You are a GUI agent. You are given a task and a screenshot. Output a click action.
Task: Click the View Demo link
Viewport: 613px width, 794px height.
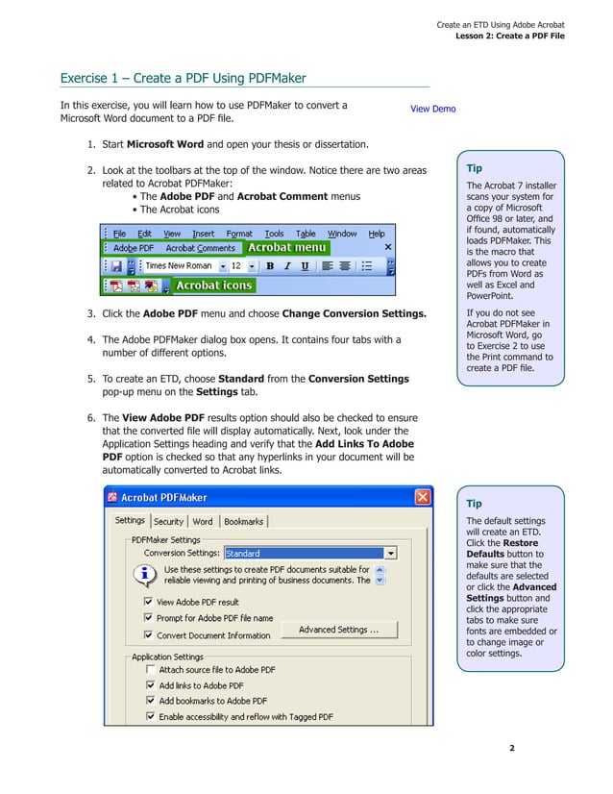[432, 109]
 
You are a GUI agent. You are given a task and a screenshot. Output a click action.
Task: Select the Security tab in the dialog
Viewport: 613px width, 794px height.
[168, 521]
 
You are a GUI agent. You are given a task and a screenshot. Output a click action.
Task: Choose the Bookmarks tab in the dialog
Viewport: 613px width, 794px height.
[243, 521]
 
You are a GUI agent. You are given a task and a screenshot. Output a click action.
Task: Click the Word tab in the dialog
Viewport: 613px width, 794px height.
[203, 521]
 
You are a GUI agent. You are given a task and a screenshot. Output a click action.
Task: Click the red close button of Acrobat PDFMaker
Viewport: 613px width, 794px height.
[422, 498]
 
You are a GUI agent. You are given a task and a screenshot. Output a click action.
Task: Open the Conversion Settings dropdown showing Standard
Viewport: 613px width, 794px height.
[391, 553]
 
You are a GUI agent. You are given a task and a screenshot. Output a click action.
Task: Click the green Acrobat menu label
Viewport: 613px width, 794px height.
[286, 247]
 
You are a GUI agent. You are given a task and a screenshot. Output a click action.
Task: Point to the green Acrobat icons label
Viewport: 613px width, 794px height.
[213, 285]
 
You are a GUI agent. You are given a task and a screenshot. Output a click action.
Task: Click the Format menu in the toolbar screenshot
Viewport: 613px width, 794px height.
[239, 233]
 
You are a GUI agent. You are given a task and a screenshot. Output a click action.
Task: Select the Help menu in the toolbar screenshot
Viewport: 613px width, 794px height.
[377, 233]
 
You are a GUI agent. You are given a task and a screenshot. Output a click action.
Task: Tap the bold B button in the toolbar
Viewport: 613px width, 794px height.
[270, 265]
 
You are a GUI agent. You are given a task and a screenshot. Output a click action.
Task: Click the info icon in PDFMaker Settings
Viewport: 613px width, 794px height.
[145, 575]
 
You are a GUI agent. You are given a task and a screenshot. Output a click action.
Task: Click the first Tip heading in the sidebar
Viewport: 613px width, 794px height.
[475, 168]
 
